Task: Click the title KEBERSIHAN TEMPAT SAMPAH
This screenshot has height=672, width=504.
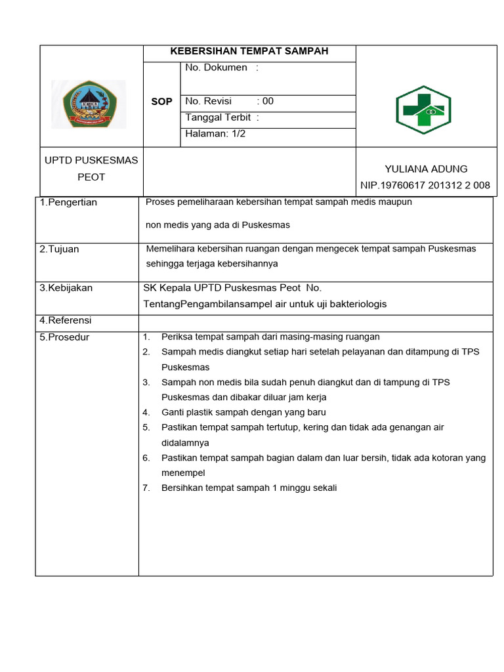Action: coord(249,51)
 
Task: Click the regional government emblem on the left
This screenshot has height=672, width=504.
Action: coord(89,104)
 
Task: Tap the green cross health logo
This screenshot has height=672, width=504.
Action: coord(423,110)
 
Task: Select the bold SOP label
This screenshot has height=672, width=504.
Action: coord(161,102)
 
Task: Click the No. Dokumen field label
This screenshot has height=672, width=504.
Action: coord(217,68)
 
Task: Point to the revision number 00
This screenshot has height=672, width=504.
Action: coord(268,101)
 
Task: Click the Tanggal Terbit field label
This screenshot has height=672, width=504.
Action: coord(219,117)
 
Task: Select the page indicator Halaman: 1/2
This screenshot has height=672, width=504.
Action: coord(216,133)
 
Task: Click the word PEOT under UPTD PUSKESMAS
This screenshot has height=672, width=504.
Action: coord(91,177)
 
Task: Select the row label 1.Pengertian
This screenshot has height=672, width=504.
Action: coord(68,202)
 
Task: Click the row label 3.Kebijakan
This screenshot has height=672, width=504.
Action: coord(66,288)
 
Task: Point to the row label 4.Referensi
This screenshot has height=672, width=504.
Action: coord(66,320)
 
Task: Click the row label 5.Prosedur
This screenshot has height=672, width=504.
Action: coord(64,337)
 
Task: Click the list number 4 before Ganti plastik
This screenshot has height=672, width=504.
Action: coord(146,413)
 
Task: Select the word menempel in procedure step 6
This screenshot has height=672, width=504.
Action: coord(183,472)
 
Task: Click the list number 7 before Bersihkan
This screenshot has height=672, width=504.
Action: coord(146,488)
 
